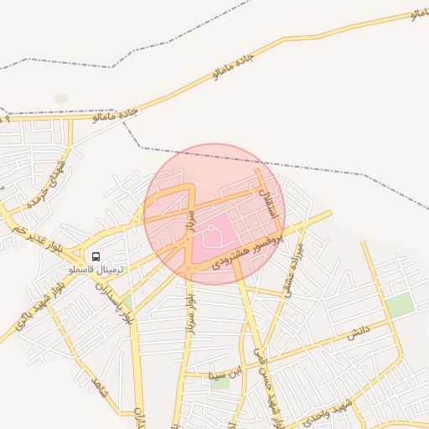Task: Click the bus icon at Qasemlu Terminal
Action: [x=95, y=256]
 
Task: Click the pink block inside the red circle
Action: [x=216, y=234]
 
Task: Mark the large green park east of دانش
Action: [x=401, y=305]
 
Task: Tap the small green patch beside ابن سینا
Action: [x=220, y=383]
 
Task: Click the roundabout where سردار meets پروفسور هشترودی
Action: [x=192, y=268]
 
